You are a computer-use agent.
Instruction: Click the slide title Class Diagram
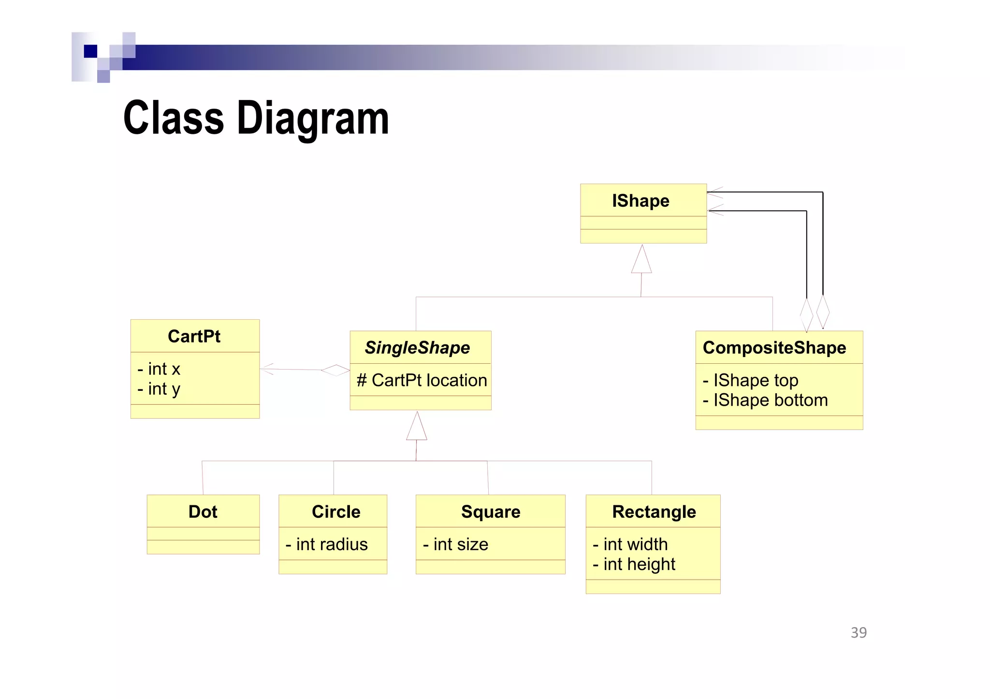click(256, 118)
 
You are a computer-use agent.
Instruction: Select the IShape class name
click(641, 200)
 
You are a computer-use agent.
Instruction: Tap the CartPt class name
click(194, 336)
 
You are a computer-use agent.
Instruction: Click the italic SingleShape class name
click(417, 347)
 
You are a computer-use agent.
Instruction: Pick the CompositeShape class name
click(774, 347)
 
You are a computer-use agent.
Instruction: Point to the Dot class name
click(203, 512)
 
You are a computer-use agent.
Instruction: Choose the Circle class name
click(336, 512)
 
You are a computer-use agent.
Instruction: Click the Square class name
click(491, 512)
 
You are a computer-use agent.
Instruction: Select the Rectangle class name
click(654, 512)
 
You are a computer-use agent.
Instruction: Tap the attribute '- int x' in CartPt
click(159, 369)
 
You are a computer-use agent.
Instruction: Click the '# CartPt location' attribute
click(422, 380)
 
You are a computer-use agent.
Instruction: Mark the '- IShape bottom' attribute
click(765, 400)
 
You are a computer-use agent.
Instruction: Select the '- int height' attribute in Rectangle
click(634, 564)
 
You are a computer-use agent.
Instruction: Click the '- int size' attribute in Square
click(455, 544)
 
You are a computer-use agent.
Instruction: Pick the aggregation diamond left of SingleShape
click(335, 371)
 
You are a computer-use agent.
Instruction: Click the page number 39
click(859, 632)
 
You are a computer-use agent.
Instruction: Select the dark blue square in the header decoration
click(90, 51)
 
